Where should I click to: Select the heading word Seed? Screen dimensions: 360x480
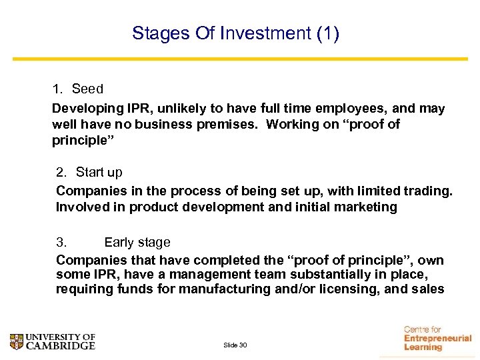point(87,89)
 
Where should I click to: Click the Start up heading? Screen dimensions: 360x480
point(99,173)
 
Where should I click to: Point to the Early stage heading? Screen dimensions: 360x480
point(137,242)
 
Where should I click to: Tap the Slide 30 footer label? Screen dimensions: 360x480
point(235,345)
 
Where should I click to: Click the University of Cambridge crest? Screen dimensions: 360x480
point(17,341)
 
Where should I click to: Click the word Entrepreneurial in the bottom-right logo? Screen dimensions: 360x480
point(437,338)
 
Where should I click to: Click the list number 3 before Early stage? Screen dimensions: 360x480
point(60,242)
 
